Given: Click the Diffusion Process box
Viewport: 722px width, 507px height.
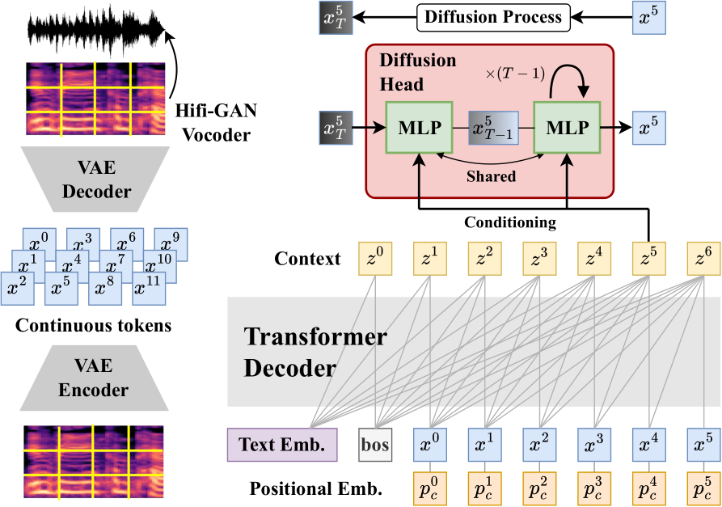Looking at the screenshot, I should (x=493, y=17).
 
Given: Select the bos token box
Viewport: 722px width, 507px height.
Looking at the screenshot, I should (x=375, y=444).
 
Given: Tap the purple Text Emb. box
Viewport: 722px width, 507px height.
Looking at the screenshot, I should (x=282, y=444).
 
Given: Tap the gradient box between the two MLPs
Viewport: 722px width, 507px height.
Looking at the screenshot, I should (x=493, y=128).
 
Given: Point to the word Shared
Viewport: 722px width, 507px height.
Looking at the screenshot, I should (x=491, y=174).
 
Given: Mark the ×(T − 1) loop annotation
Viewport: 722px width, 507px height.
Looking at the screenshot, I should (x=514, y=74).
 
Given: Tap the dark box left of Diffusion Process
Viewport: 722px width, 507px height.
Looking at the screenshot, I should (x=336, y=17).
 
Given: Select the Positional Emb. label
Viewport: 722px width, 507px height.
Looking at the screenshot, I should (x=317, y=488).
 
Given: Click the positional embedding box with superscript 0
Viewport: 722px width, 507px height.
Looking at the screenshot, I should (x=430, y=488).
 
